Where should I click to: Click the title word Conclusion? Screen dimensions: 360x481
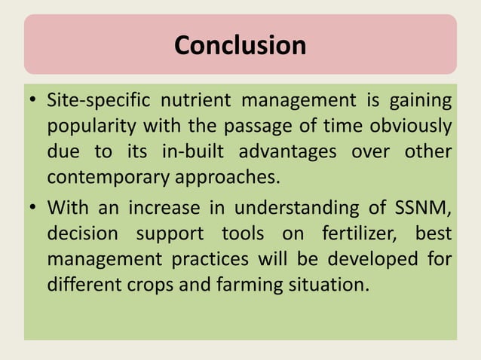(x=240, y=46)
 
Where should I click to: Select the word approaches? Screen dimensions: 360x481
(x=225, y=178)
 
